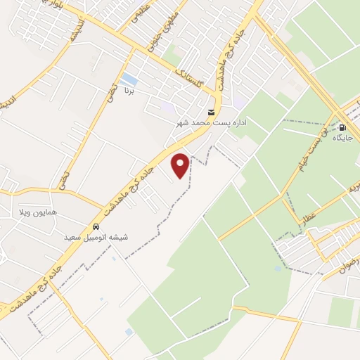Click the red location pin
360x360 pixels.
tap(181, 165)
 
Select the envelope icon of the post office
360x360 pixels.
tap(211, 112)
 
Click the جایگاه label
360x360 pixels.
tap(342, 139)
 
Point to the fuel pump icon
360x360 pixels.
tap(342, 128)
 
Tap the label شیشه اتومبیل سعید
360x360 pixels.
tap(94, 238)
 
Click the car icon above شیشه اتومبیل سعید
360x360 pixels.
tap(94, 228)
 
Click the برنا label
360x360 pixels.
tap(128, 91)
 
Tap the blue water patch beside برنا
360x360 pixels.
tap(129, 79)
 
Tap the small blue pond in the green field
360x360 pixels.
tap(129, 331)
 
